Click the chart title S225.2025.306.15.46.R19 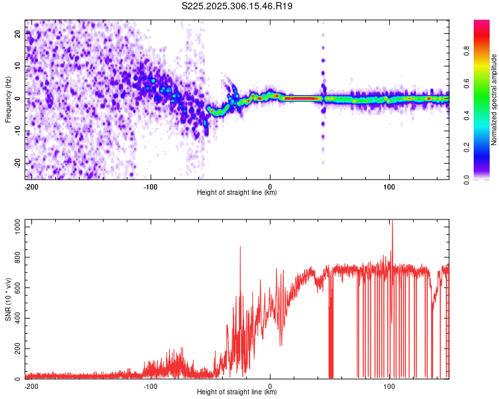tap(238, 6)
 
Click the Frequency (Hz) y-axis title tap(8, 100)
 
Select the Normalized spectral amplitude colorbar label tap(494, 100)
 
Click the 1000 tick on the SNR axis tap(13, 227)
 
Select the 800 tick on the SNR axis tap(15, 257)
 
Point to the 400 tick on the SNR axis tap(15, 318)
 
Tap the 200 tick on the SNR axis tap(15, 348)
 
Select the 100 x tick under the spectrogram tap(389, 186)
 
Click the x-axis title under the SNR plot tap(237, 392)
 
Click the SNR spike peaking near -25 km tap(240, 247)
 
